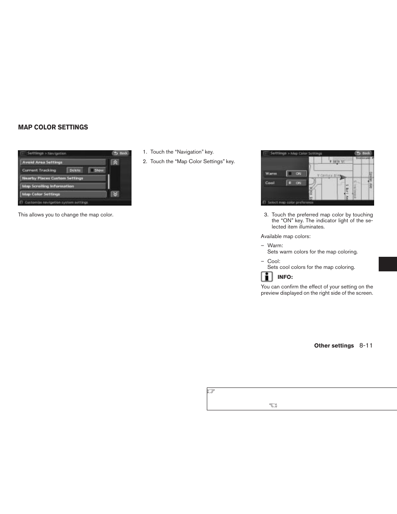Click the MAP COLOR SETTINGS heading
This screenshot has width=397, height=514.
[x=53, y=127]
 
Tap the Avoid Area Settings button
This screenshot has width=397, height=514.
[x=63, y=162]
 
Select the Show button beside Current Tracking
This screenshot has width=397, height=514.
[x=97, y=170]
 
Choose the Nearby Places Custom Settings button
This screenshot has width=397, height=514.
[x=63, y=178]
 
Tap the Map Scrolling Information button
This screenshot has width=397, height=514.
[x=63, y=186]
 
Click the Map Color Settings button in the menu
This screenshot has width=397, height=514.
[x=63, y=194]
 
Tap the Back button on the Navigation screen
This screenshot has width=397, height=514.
[x=121, y=153]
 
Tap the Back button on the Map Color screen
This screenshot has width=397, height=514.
[x=363, y=153]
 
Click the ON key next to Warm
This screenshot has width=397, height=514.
[x=296, y=174]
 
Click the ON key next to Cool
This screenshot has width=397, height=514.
[x=296, y=183]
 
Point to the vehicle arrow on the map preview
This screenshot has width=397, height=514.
[x=342, y=177]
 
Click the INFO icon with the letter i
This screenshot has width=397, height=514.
[x=267, y=277]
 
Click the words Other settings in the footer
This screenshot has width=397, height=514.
[x=334, y=345]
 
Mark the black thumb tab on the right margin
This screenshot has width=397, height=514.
[x=387, y=264]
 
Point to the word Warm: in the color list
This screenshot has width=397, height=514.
[x=275, y=246]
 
